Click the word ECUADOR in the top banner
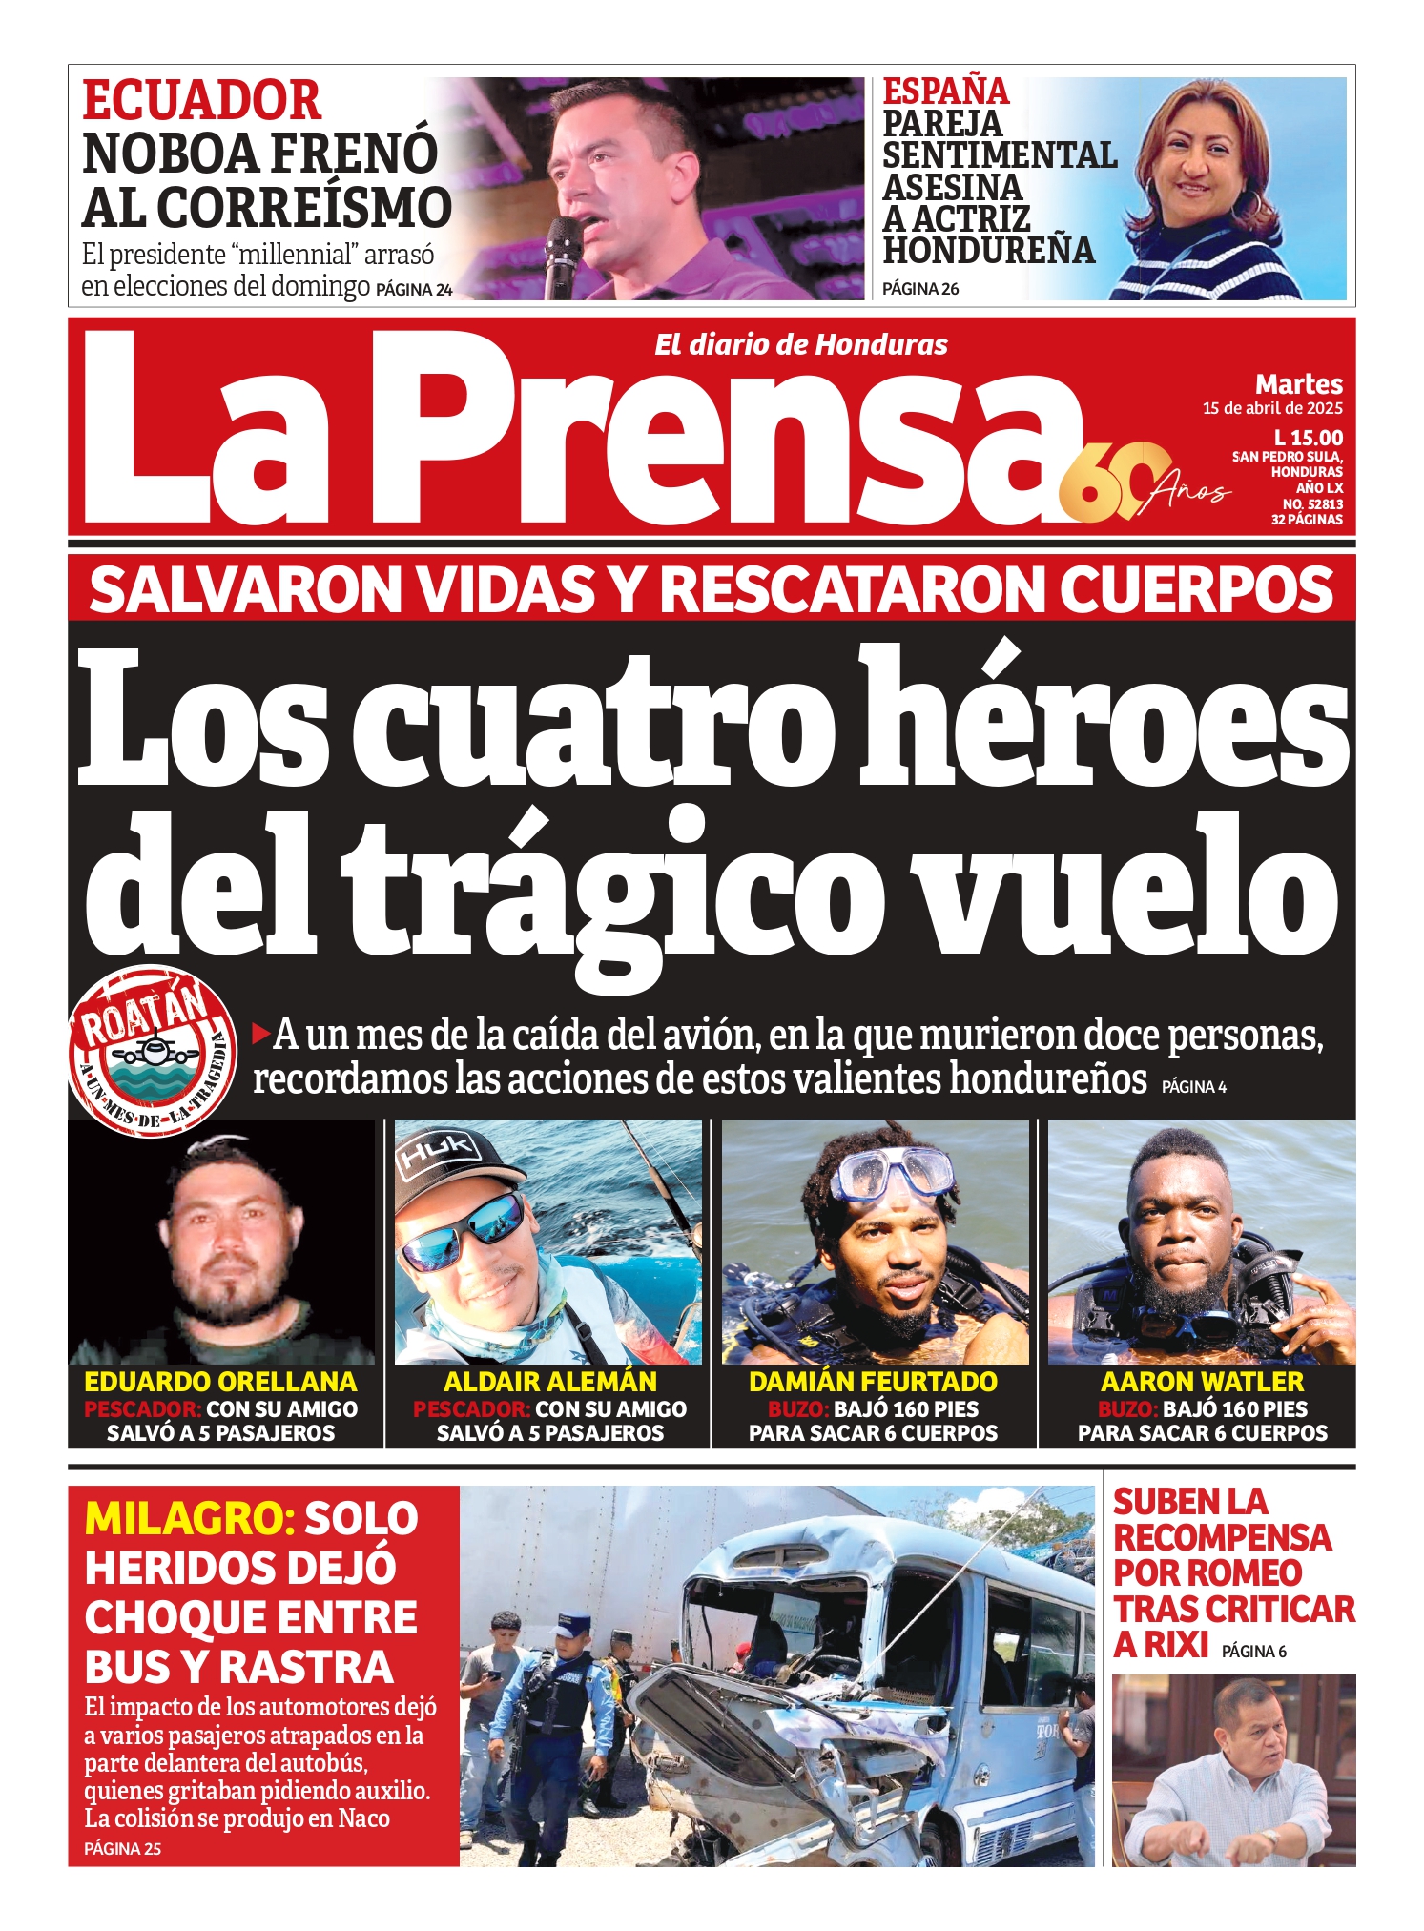[x=202, y=101]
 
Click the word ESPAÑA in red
[x=945, y=92]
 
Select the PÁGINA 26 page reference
[x=920, y=289]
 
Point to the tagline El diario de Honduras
[x=800, y=345]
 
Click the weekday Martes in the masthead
[x=1298, y=384]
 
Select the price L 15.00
[x=1308, y=438]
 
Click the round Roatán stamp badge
[x=153, y=1051]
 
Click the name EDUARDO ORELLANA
[x=220, y=1382]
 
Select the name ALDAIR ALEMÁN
[x=550, y=1382]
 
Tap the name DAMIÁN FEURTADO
[x=873, y=1382]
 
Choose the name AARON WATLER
[x=1202, y=1382]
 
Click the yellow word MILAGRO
[x=189, y=1518]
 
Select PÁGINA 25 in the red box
[x=122, y=1848]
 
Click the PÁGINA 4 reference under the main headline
[x=1193, y=1086]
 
